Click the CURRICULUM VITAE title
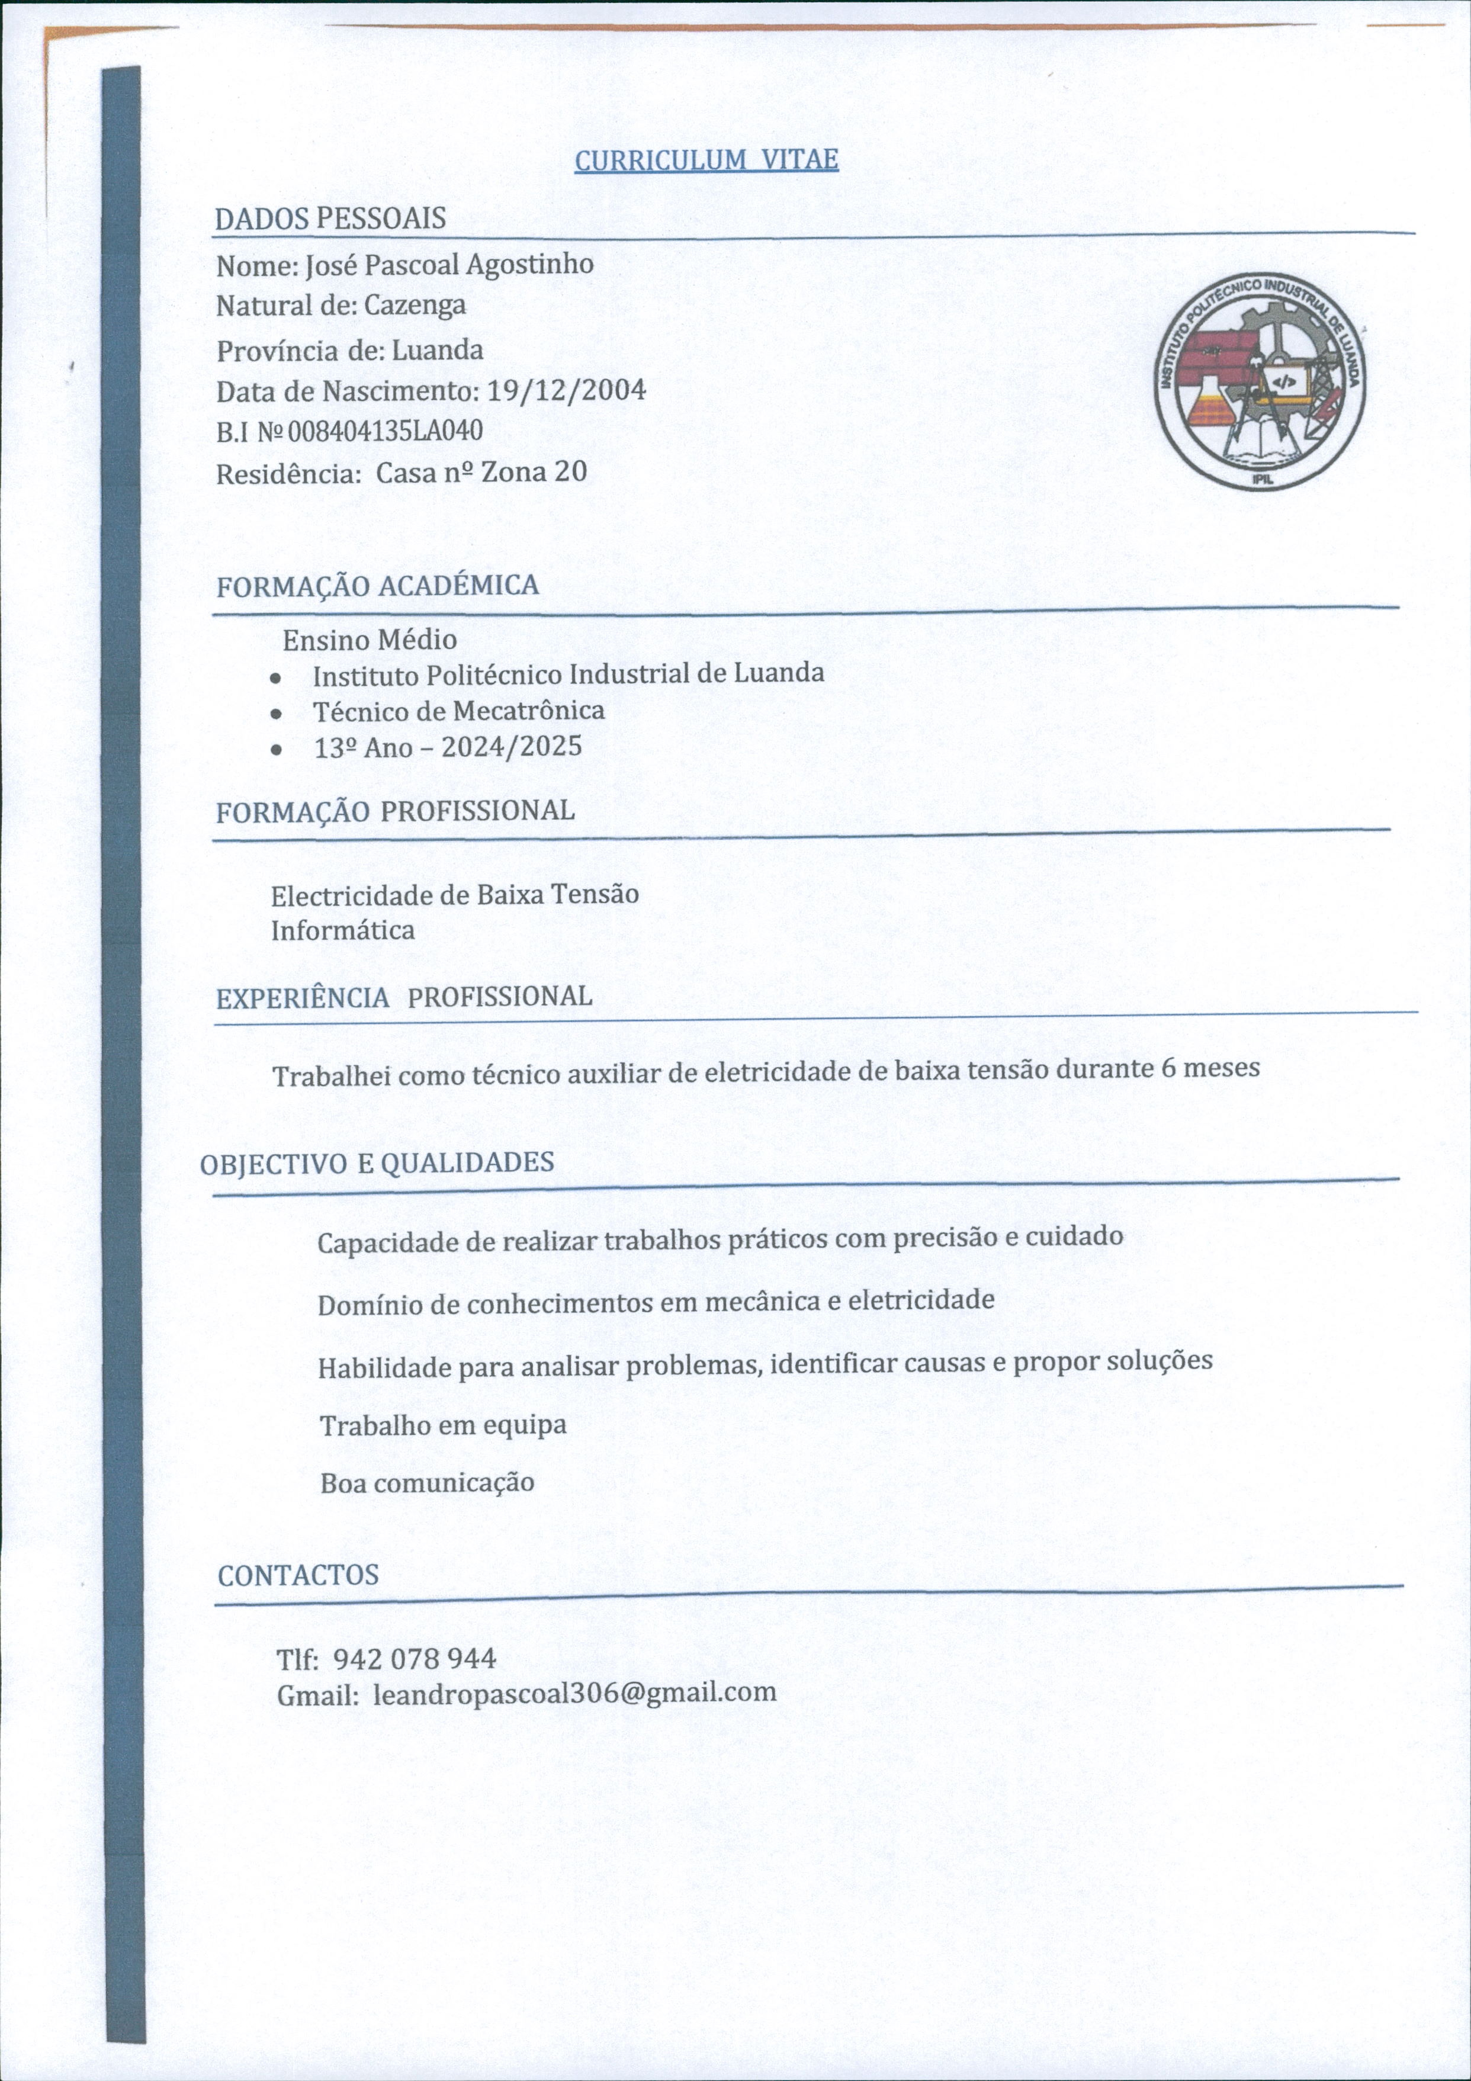pos(706,160)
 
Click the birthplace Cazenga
pos(415,306)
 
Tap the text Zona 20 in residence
pos(534,471)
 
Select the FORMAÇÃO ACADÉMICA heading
pos(377,586)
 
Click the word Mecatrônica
pos(528,711)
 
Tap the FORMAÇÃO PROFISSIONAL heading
pos(394,811)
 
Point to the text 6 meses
pos(1210,1068)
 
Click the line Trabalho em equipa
pos(443,1425)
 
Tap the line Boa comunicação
pos(427,1483)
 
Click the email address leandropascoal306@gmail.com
pos(574,1692)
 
